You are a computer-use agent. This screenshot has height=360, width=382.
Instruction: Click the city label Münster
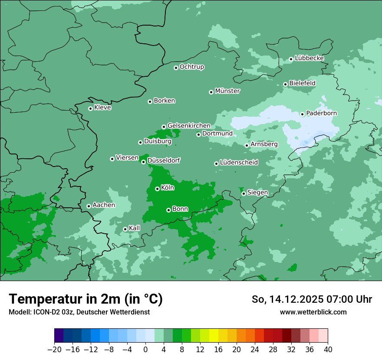coord(227,91)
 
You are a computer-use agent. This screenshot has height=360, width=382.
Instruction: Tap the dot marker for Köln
coord(157,189)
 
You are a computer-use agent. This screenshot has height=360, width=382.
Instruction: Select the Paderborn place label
coord(321,113)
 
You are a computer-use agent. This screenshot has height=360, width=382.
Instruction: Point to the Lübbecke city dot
coord(291,59)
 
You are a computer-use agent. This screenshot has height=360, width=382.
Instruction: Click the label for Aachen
coord(104,205)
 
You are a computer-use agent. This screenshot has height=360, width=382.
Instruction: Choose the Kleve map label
coord(102,108)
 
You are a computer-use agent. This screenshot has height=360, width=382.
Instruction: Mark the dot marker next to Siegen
coord(244,193)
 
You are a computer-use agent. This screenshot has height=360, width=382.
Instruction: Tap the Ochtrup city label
coord(192,67)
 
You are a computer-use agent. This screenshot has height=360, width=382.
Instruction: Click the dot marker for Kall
coord(125,229)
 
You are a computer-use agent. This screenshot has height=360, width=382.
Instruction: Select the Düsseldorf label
coord(164,160)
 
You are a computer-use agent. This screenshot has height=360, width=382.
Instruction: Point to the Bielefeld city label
coord(302,83)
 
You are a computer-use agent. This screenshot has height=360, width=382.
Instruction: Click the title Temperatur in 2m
coord(86,299)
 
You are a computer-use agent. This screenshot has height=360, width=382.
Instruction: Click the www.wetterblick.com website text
coord(313,312)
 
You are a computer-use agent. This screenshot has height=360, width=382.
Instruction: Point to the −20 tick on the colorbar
coord(55,350)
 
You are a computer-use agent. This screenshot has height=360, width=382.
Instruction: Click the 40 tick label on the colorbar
coord(328,350)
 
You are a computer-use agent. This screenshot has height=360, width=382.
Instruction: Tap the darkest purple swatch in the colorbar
coord(59,336)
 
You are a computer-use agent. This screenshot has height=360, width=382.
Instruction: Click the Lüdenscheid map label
coord(239,163)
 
